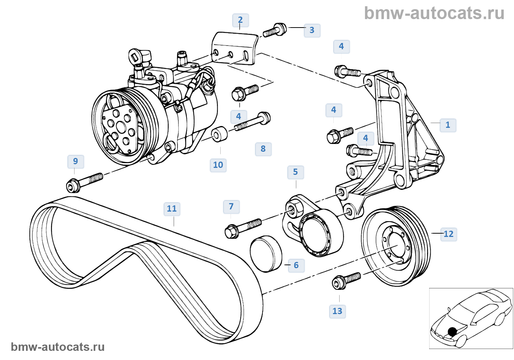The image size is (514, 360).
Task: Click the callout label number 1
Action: click(x=448, y=125)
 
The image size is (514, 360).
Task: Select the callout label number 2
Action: click(x=240, y=20)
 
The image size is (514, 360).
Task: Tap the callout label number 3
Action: click(x=312, y=30)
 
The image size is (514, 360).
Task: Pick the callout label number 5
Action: click(x=296, y=172)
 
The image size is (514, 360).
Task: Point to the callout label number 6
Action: click(x=296, y=265)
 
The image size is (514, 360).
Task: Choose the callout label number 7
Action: click(x=231, y=206)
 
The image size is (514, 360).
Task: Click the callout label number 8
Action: click(x=263, y=149)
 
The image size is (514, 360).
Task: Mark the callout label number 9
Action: click(x=76, y=161)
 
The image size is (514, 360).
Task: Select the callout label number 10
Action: click(x=218, y=165)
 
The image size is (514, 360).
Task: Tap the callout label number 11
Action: click(x=172, y=209)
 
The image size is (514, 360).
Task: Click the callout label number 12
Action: click(x=449, y=234)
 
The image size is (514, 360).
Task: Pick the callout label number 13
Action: click(x=337, y=311)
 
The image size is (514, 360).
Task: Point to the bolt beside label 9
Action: click(x=84, y=182)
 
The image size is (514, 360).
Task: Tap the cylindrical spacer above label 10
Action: click(x=220, y=134)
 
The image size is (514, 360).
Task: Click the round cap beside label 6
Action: click(x=266, y=254)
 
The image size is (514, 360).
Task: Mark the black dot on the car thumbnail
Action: click(x=452, y=332)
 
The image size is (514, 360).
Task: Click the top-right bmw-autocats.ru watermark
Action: click(x=434, y=13)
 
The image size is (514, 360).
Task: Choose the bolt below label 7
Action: click(x=243, y=227)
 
